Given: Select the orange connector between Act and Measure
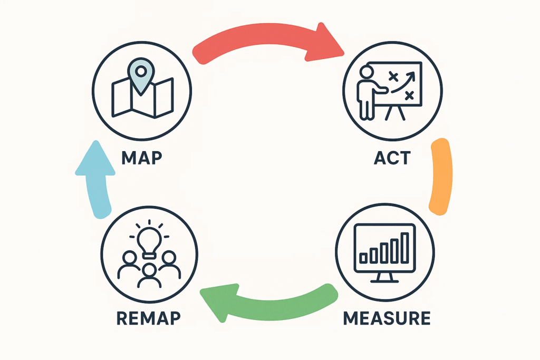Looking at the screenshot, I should click(440, 177).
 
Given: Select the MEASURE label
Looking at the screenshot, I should click(387, 318).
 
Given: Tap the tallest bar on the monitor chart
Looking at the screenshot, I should click(404, 247).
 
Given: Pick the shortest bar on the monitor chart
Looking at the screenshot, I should click(364, 258).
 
